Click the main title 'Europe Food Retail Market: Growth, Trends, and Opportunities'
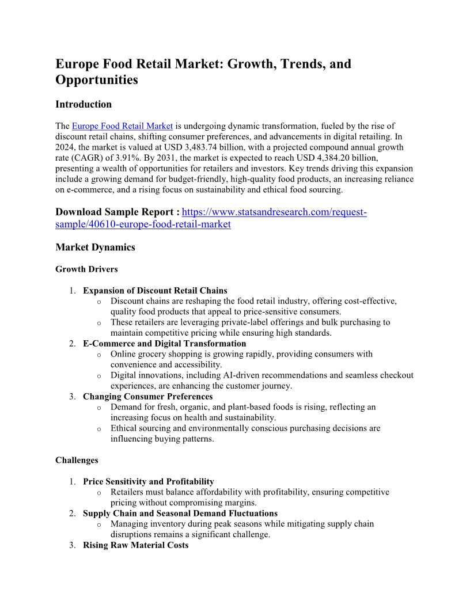[x=203, y=71]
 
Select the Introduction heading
[x=84, y=104]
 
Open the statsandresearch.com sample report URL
[x=274, y=212]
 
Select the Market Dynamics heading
[x=95, y=247]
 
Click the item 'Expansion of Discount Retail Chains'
[x=155, y=290]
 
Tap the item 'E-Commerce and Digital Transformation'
[x=164, y=344]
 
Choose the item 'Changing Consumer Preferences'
[x=147, y=397]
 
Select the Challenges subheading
[x=77, y=460]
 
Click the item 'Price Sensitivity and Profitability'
[x=148, y=481]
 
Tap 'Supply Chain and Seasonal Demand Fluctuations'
[x=180, y=513]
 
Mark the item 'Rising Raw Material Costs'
[x=135, y=545]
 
